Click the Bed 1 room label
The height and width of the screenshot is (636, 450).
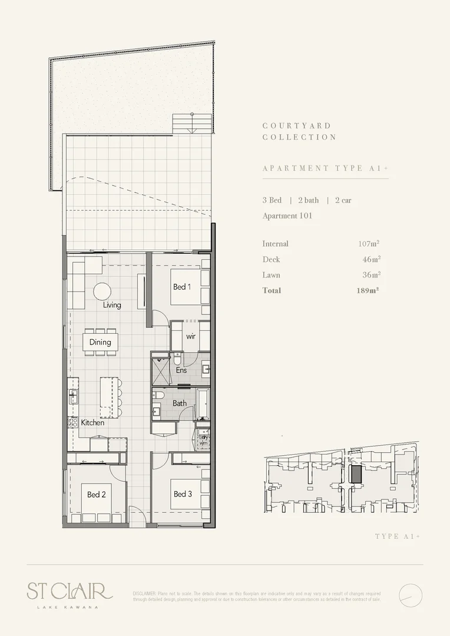click(182, 287)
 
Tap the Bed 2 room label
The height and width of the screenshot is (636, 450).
click(96, 495)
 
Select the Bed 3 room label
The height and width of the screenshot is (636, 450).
click(183, 494)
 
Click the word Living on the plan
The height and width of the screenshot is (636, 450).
click(112, 305)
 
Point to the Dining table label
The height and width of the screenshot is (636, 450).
click(100, 342)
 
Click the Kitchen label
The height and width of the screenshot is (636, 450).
click(92, 422)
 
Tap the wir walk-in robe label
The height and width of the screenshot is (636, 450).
click(190, 336)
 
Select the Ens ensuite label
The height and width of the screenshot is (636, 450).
click(181, 370)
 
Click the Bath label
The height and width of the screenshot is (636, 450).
click(180, 403)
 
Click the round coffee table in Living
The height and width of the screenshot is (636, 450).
click(102, 291)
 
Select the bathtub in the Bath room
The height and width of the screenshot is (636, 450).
click(202, 403)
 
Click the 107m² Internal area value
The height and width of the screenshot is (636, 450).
click(368, 244)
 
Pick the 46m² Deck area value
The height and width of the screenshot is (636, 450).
click(370, 259)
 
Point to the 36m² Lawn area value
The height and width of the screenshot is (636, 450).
click(370, 275)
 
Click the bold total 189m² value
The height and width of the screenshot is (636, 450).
click(368, 290)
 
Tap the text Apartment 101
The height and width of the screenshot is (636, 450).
click(287, 216)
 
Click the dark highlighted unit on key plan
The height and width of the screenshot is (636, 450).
click(355, 474)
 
